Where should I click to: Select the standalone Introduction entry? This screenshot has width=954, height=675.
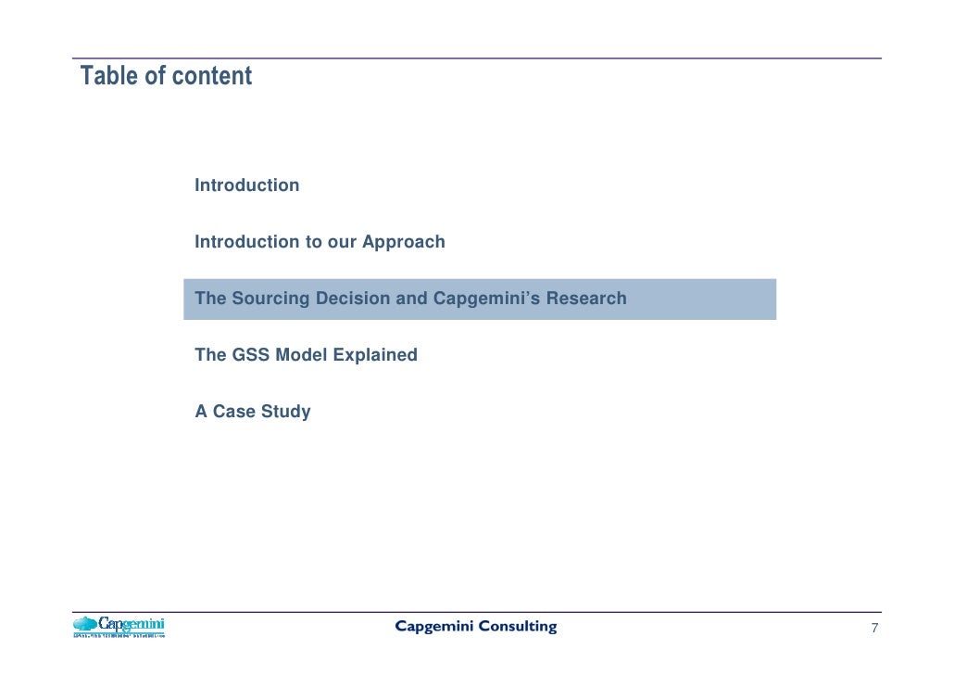[246, 185]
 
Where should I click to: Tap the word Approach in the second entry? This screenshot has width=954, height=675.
[403, 242]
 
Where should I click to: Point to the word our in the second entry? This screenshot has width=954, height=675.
[342, 242]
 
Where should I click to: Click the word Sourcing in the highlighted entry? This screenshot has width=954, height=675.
[270, 299]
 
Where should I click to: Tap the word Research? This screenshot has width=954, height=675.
[586, 299]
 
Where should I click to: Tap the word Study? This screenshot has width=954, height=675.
[285, 412]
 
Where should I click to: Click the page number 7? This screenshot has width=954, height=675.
[873, 629]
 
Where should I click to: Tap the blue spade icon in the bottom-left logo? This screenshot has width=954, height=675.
[85, 625]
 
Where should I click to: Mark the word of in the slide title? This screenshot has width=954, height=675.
[155, 76]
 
